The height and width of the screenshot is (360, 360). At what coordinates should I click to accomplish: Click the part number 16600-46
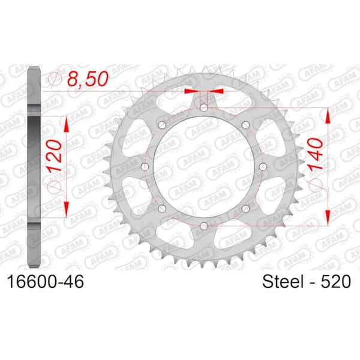click(x=46, y=282)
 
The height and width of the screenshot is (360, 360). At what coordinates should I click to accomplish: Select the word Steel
click(x=283, y=281)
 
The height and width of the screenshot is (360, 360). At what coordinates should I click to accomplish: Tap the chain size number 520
click(x=335, y=281)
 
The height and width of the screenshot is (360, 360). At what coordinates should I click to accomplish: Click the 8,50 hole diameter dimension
click(x=88, y=79)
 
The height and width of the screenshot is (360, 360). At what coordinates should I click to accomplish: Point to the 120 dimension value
click(x=55, y=156)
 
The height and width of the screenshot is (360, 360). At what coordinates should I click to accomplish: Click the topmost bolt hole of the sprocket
click(x=203, y=107)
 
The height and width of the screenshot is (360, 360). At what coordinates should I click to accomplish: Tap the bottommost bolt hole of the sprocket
click(x=203, y=226)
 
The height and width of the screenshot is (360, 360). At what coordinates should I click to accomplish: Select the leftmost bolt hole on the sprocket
click(x=145, y=167)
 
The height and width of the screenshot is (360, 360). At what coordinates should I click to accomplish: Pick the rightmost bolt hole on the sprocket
click(x=263, y=167)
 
